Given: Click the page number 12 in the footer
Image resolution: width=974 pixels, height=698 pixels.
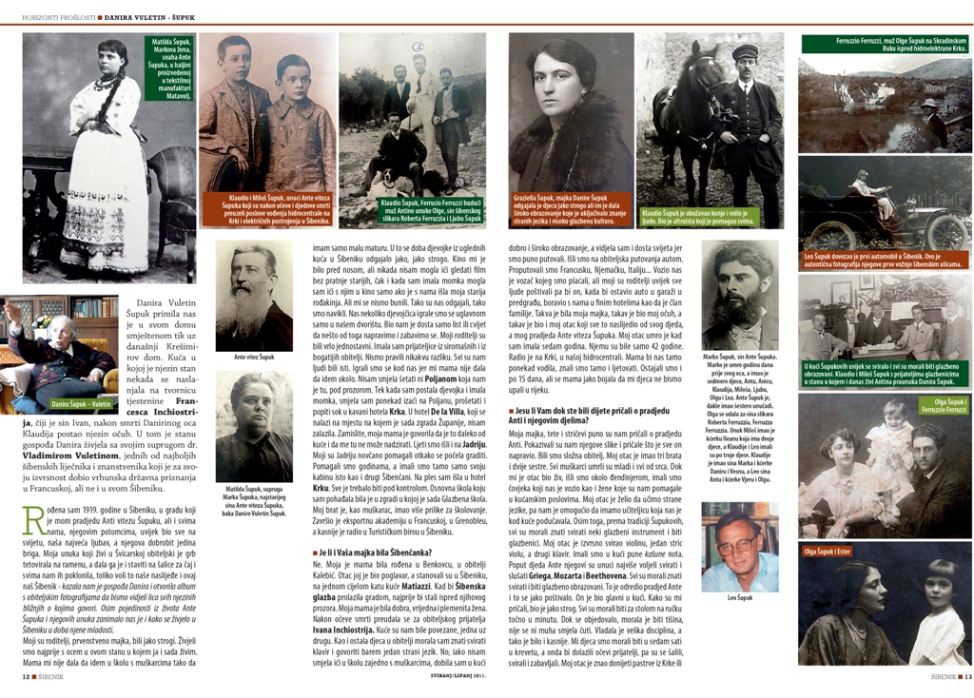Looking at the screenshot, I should [25, 677].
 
